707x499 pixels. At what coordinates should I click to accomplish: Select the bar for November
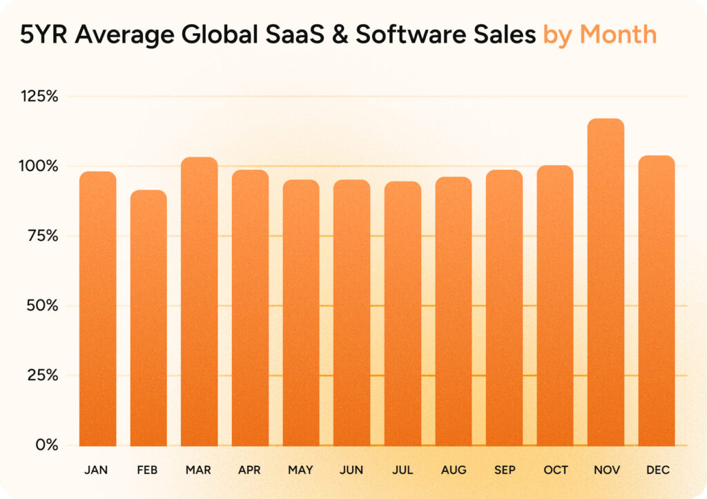(606, 283)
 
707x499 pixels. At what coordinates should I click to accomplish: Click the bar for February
(148, 318)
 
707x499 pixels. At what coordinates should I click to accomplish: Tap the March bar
(199, 302)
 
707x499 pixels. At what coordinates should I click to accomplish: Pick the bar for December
(657, 301)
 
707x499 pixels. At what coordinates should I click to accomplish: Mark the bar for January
(97, 309)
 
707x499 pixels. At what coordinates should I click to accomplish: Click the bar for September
(504, 308)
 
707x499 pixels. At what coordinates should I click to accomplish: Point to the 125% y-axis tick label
(39, 96)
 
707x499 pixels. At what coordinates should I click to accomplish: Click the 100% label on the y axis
(39, 166)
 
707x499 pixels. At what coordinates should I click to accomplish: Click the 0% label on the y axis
(46, 445)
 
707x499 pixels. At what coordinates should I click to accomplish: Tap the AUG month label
(454, 470)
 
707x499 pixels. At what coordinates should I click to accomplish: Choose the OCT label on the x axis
(556, 470)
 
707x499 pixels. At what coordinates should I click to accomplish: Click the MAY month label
(301, 470)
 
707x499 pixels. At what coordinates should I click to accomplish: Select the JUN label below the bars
(351, 470)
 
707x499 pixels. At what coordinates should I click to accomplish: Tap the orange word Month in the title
(618, 35)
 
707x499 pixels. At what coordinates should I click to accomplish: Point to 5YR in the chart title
(43, 35)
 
